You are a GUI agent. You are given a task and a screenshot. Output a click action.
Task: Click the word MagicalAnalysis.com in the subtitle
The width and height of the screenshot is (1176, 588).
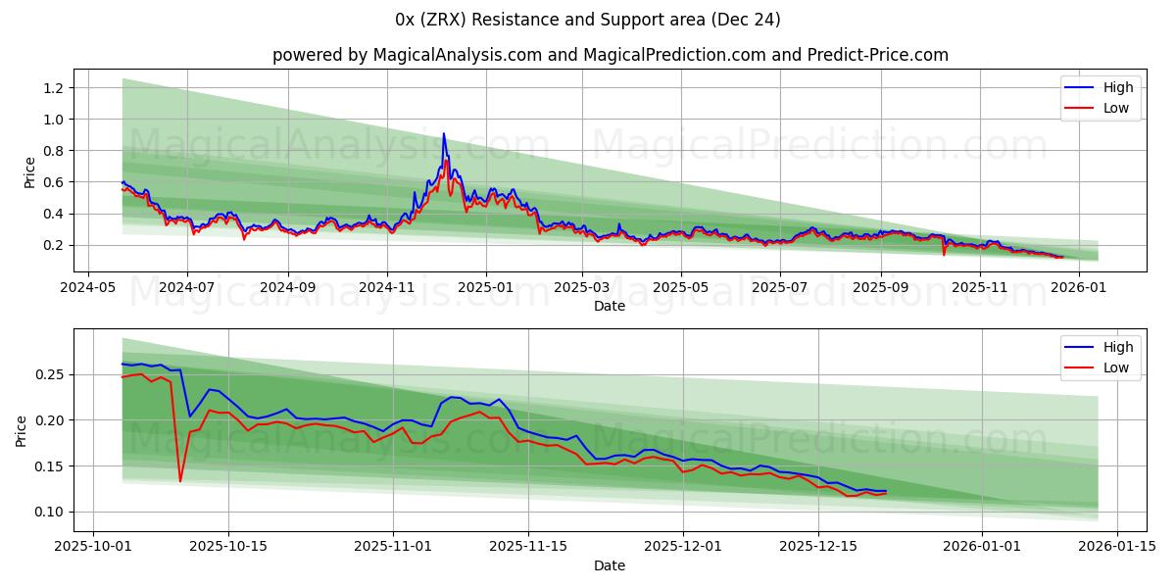point(457,55)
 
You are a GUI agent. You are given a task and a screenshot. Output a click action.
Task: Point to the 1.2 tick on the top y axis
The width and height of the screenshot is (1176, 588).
point(54,88)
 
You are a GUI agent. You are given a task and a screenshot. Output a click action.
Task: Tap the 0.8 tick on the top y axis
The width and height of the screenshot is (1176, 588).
point(54,151)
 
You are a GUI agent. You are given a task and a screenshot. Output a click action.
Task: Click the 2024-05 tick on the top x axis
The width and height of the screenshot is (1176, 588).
point(89,287)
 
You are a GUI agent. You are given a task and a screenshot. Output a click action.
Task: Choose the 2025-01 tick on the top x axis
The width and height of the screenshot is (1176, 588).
point(486,287)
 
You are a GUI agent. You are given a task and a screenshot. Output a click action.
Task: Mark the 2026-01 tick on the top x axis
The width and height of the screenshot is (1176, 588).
point(1079,287)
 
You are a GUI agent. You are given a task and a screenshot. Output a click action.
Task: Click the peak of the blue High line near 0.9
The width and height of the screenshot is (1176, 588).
point(443,133)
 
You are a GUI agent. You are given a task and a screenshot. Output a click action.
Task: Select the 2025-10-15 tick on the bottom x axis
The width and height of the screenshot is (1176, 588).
point(229,547)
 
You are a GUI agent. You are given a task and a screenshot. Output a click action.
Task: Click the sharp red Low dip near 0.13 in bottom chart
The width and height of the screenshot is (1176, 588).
point(180,481)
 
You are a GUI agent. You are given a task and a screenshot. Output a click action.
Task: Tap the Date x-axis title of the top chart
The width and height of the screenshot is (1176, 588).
point(610,306)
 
